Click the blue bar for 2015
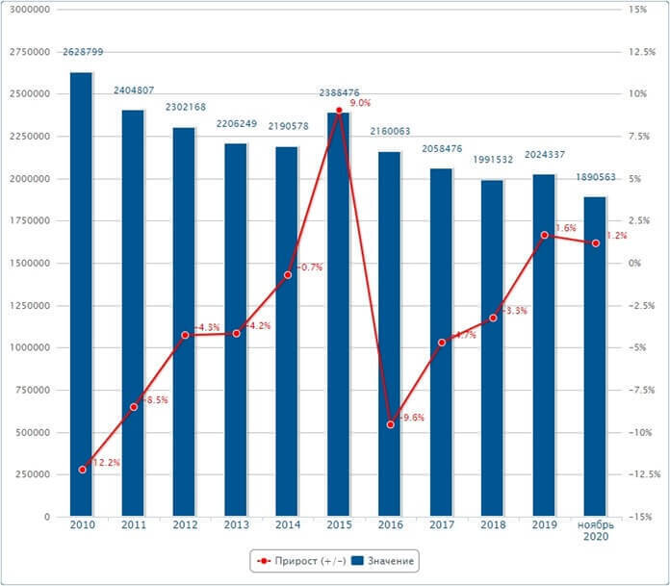[338, 318]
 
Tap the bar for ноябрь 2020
[595, 356]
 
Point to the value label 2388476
[340, 92]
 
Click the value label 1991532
[493, 160]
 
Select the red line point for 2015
[339, 111]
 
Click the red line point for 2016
[390, 424]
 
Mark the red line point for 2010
[82, 470]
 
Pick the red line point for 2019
[544, 235]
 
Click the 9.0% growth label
[360, 103]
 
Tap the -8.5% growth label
[155, 399]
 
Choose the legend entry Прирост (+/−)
[298, 560]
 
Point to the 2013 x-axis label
[236, 525]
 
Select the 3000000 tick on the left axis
[28, 9]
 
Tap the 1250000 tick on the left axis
[28, 305]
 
